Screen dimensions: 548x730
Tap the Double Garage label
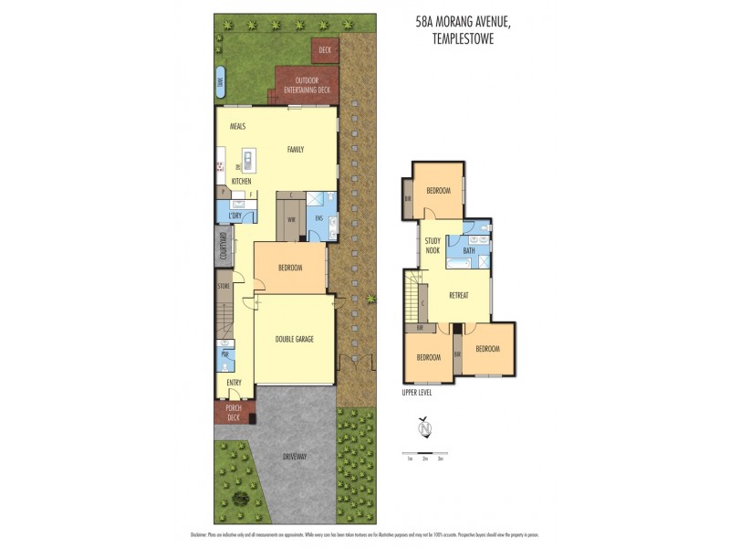point(294,339)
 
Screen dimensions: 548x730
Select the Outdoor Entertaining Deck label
point(307,85)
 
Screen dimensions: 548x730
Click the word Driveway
point(295,457)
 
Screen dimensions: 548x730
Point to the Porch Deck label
point(233,413)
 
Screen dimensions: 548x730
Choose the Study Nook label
point(433,245)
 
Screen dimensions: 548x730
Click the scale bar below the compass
point(424,453)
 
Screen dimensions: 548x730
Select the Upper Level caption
point(416,393)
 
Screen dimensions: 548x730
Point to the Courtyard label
point(222,248)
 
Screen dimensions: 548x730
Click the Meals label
point(238,127)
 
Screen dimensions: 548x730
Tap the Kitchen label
point(241,182)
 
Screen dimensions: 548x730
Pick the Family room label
point(295,150)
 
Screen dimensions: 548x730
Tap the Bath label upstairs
point(469,250)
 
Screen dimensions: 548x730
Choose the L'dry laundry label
point(235,216)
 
